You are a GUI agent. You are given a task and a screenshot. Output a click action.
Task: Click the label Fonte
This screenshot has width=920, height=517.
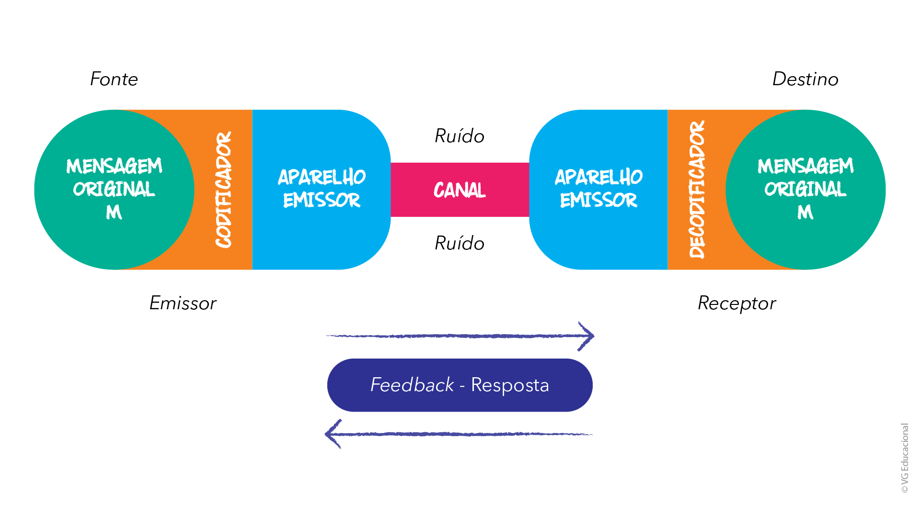coord(114,79)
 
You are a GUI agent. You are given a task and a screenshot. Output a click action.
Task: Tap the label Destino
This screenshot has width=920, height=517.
coord(805,79)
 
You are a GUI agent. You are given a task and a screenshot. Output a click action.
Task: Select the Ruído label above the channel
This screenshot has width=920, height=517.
coord(460,136)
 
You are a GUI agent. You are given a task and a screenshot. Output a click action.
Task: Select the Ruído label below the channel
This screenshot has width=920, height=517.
coord(460,243)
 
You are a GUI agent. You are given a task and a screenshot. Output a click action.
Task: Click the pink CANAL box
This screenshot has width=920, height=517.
coord(460,190)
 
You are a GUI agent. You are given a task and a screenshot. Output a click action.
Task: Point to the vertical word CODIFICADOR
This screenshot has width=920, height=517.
coord(223,190)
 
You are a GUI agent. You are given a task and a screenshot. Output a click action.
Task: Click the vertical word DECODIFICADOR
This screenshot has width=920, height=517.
coord(697,190)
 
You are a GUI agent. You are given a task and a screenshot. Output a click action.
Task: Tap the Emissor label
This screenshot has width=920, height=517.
coord(183,303)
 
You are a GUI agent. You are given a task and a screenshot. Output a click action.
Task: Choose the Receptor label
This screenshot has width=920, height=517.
coord(736,303)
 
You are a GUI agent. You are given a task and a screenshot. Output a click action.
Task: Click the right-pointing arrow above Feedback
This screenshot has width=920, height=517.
coord(460,336)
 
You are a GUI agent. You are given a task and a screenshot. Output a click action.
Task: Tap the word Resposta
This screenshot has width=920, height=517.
coord(510,385)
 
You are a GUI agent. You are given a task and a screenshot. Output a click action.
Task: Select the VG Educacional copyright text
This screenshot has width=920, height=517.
coord(905,458)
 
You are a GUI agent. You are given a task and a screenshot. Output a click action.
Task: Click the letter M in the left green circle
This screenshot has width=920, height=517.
coord(114,212)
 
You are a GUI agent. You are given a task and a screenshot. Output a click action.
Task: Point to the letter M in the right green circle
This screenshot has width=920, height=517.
coord(805,212)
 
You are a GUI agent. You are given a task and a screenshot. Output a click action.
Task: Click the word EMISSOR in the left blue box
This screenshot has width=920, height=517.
coord(322,200)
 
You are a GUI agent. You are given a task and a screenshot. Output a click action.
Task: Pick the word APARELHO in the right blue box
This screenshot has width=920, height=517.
coord(598,177)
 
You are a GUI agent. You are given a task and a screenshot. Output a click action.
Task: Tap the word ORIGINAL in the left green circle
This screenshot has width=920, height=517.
coord(114,189)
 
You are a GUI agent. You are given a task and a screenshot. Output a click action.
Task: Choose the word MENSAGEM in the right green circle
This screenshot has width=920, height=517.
coord(805,166)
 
